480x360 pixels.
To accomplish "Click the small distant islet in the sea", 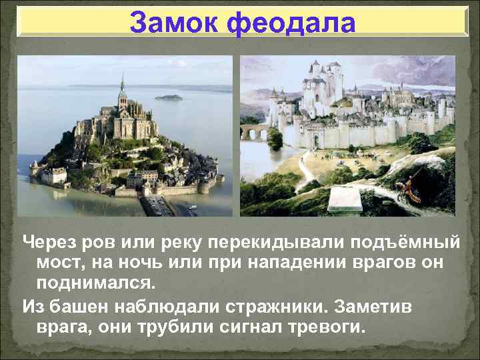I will [168, 97].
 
